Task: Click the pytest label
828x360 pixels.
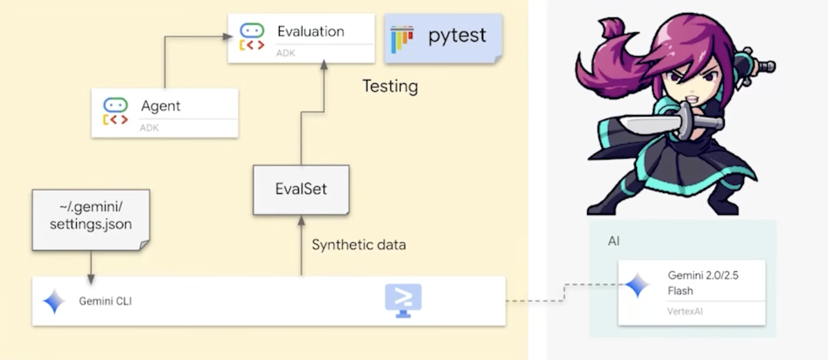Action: (457, 36)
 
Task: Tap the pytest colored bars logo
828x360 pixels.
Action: (402, 39)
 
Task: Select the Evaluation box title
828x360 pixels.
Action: (311, 31)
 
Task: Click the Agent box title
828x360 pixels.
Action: (161, 106)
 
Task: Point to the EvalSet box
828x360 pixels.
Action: (301, 189)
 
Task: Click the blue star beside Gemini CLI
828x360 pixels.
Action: (54, 301)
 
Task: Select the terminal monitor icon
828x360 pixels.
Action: (403, 300)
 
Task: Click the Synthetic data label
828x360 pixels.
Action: (359, 245)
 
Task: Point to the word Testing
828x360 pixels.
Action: (390, 86)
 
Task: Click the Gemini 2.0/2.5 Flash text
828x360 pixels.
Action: (703, 283)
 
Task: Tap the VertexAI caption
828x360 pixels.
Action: (685, 310)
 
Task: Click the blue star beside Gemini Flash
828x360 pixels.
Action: (637, 285)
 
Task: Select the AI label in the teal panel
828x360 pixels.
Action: (614, 241)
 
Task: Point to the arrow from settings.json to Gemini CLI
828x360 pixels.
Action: (91, 267)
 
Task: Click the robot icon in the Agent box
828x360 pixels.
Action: (115, 111)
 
